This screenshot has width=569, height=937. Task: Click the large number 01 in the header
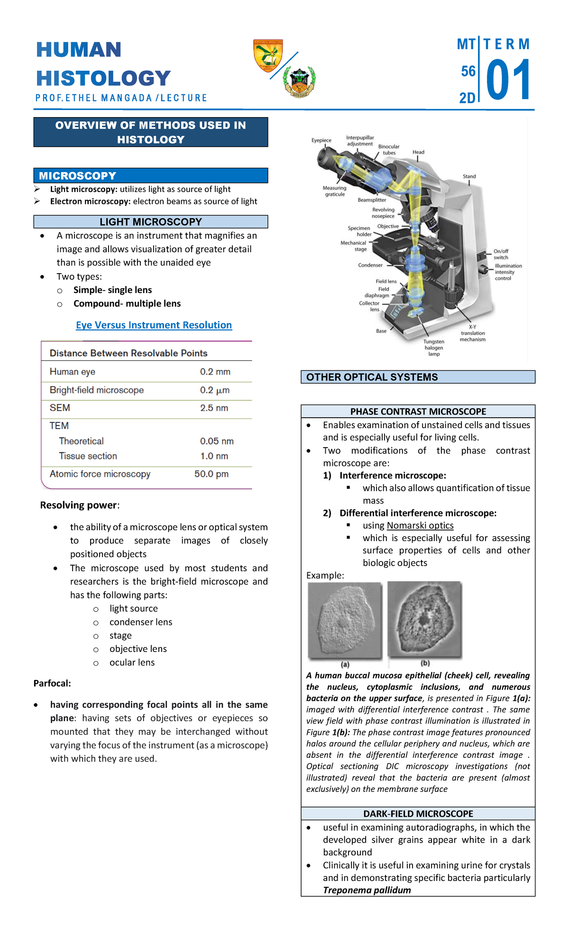(x=507, y=80)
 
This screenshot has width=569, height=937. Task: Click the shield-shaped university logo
(x=268, y=55)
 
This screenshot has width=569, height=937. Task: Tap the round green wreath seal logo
(x=299, y=81)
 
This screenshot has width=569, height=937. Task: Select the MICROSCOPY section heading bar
(x=151, y=175)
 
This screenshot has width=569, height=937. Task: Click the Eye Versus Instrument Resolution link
(x=154, y=325)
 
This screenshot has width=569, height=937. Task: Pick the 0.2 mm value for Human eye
(x=215, y=372)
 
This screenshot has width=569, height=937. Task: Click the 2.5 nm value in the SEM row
(x=214, y=408)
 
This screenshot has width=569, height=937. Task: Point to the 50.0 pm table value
(x=211, y=474)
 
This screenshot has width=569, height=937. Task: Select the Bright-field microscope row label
(x=97, y=390)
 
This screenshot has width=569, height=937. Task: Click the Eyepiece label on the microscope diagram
(x=321, y=140)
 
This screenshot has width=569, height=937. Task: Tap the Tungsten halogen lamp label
(x=434, y=348)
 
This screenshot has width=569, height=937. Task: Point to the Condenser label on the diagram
(x=370, y=265)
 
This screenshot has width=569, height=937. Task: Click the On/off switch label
(x=501, y=254)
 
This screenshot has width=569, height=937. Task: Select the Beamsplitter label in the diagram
(x=372, y=200)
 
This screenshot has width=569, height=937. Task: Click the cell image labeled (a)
(x=345, y=620)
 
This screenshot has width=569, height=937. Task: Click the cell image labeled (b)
(x=424, y=619)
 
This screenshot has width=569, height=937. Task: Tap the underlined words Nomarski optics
(x=420, y=525)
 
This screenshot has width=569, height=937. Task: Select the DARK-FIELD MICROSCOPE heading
(x=418, y=814)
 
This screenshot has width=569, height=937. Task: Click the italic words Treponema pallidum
(x=367, y=890)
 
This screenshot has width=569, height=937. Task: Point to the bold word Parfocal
(x=52, y=683)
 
